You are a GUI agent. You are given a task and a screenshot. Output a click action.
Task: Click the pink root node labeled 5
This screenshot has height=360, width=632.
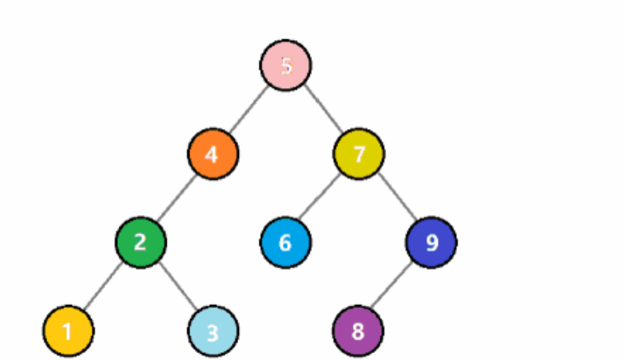click(286, 65)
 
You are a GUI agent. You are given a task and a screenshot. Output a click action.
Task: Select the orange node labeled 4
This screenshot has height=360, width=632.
click(213, 153)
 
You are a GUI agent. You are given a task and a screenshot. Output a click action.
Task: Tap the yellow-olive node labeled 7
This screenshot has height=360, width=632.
click(358, 153)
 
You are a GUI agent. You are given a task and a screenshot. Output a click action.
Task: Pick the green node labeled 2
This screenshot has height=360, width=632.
click(141, 242)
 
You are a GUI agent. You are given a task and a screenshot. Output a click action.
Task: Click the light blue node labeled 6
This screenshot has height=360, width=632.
click(285, 242)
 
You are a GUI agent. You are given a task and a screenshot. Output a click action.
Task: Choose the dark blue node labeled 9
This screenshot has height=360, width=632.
click(432, 242)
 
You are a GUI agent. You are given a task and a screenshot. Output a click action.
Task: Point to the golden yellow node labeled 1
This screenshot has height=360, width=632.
click(68, 331)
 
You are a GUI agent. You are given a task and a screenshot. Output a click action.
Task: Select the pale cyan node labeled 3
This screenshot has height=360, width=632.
click(213, 331)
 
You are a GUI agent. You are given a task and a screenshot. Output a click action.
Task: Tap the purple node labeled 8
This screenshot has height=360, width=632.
click(358, 331)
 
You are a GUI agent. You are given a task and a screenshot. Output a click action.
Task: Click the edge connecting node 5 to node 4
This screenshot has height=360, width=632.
click(250, 109)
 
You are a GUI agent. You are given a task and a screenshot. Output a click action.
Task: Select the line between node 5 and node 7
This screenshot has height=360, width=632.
click(322, 109)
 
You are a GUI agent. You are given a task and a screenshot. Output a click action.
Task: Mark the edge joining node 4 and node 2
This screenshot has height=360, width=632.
click(177, 197)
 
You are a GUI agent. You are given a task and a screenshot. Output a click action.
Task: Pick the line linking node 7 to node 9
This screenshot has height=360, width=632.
click(395, 197)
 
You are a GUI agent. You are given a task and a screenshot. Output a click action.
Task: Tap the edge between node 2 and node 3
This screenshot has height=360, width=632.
click(177, 286)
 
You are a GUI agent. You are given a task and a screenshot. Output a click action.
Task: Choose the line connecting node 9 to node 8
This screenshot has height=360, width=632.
click(395, 286)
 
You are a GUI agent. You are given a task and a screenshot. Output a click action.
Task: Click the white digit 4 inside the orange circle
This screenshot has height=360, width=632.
click(211, 153)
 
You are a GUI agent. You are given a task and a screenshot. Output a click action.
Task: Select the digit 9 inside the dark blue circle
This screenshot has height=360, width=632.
click(432, 242)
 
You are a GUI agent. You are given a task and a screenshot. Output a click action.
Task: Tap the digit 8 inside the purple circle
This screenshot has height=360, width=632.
click(358, 331)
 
